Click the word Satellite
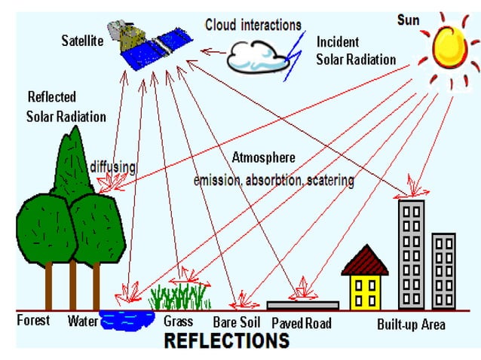click(x=82, y=41)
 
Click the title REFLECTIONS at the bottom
click(x=226, y=341)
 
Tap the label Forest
click(x=34, y=320)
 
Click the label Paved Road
click(x=302, y=323)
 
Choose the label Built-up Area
click(x=411, y=325)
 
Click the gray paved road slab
click(x=302, y=305)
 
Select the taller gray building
click(x=411, y=252)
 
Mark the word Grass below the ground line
click(x=179, y=322)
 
